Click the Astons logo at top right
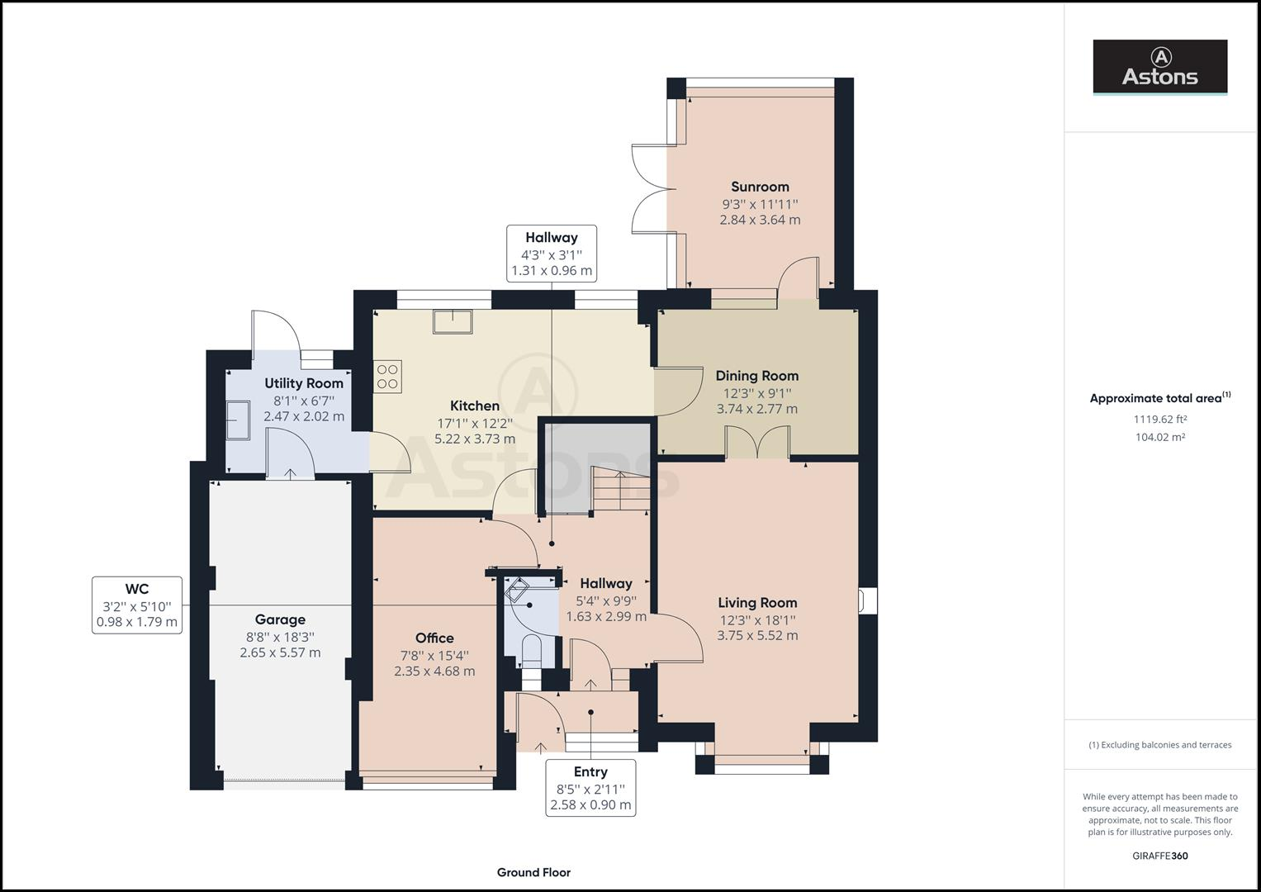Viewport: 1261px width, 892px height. (x=1159, y=67)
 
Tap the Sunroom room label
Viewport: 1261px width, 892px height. (x=760, y=187)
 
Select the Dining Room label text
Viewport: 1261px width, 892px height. (x=757, y=376)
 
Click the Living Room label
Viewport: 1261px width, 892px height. (x=757, y=603)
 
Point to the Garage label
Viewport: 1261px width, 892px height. (x=280, y=619)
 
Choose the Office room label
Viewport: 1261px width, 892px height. (x=434, y=638)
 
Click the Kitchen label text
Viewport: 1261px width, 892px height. (x=475, y=406)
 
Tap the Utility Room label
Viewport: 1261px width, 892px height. (x=304, y=383)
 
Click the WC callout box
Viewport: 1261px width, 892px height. (x=137, y=605)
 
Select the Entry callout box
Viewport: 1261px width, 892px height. (x=590, y=788)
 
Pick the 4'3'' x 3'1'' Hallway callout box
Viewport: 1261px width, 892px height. (x=552, y=254)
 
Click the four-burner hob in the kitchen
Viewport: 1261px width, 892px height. (x=387, y=377)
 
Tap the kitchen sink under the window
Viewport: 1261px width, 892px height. (x=453, y=321)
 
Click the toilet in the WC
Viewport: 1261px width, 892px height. (x=532, y=652)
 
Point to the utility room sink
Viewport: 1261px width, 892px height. (x=238, y=420)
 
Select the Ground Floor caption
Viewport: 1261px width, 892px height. (x=533, y=872)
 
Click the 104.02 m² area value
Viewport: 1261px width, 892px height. (x=1160, y=437)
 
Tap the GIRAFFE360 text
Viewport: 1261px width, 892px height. (x=1160, y=856)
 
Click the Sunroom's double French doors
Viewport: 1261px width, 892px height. (x=650, y=188)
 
